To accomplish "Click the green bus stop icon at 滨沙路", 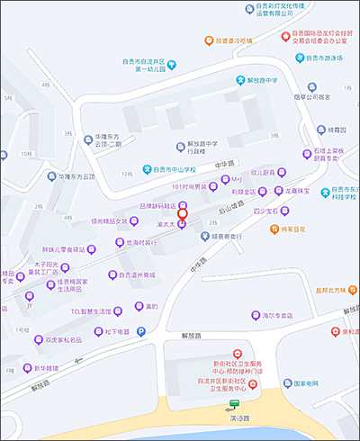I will pos(235,405).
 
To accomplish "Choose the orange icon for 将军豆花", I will pos(275,229).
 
